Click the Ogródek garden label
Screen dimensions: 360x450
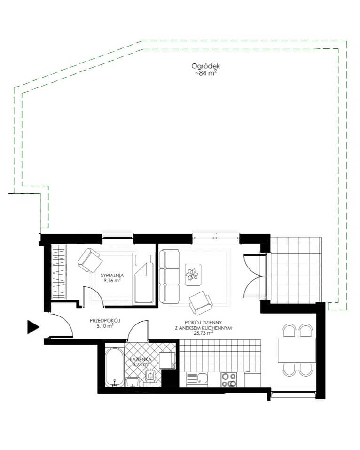(206, 66)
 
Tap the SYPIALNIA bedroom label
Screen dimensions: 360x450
(112, 276)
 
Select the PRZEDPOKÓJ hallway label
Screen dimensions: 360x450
(105, 320)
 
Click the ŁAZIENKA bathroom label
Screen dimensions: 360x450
(141, 359)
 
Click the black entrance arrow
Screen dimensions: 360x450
(33, 327)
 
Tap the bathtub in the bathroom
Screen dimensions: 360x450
(115, 368)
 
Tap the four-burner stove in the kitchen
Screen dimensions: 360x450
(228, 379)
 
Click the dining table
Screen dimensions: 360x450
(297, 350)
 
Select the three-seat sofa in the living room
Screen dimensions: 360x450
(169, 276)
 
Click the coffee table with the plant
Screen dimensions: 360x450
(193, 275)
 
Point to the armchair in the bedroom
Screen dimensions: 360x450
(90, 261)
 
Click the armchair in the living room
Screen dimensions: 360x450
(201, 303)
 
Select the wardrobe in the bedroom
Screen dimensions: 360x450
(59, 272)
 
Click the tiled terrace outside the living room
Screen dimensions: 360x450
(296, 269)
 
